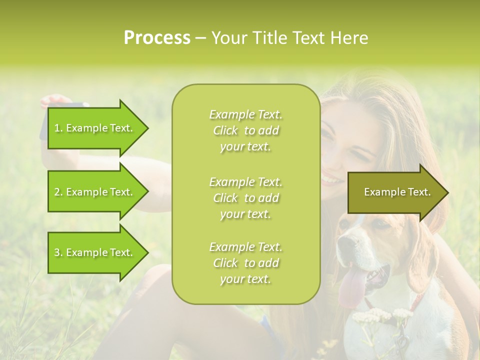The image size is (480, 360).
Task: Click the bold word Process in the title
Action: pos(157,38)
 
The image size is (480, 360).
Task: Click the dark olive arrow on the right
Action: pos(397,192)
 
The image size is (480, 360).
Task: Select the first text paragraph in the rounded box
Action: pos(245,130)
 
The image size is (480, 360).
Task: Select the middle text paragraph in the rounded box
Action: pos(245,198)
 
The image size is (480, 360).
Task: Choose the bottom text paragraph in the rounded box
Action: pos(245,263)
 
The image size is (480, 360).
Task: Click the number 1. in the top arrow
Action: pos(58,128)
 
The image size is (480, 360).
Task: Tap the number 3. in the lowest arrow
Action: pos(58,252)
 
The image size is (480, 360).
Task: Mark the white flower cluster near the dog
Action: pos(380,316)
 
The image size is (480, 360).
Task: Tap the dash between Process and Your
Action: pos(200,38)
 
